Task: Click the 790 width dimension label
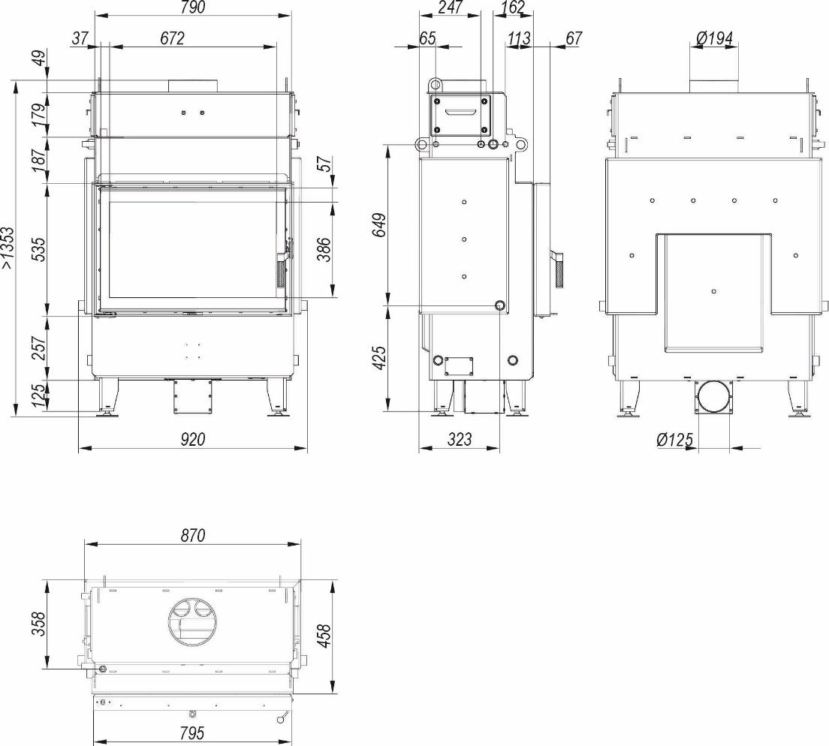[x=192, y=8]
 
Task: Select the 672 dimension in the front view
[x=172, y=38]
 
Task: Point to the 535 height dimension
[x=38, y=250]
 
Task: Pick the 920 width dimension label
[x=192, y=439]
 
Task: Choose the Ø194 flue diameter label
[x=714, y=38]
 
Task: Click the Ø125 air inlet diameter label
[x=675, y=440]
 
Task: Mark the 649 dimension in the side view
[x=380, y=225]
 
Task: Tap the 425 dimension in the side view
[x=380, y=358]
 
